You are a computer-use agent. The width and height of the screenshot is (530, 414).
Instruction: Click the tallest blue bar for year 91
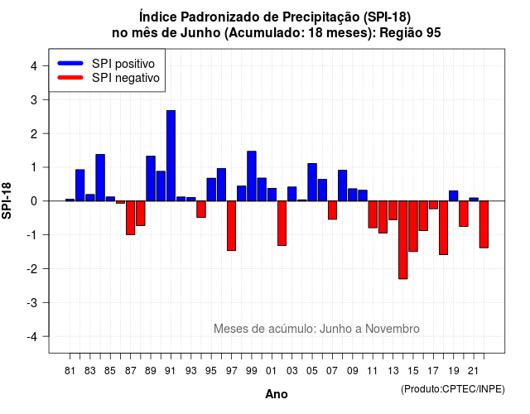tap(171, 156)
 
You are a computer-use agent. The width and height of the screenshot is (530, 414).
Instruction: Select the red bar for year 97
tap(231, 226)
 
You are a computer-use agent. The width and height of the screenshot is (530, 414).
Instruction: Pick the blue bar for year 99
tap(252, 176)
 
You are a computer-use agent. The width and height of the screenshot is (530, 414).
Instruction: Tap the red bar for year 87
tap(131, 218)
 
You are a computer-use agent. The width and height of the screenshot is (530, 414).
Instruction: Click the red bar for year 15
tap(413, 226)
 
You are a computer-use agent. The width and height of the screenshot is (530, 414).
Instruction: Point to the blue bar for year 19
tap(454, 196)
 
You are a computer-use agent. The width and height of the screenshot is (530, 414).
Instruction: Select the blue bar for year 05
tap(312, 182)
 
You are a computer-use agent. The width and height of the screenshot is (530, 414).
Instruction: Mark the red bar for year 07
tap(332, 210)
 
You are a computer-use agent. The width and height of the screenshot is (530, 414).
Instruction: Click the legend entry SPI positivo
tap(107, 64)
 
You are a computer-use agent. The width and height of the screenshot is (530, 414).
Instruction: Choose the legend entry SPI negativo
tap(108, 78)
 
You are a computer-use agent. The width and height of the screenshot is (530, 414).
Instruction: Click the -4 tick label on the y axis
tap(32, 337)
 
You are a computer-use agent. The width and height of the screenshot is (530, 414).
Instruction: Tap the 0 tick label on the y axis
tap(34, 201)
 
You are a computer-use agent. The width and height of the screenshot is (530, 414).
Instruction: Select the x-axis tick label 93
tap(191, 371)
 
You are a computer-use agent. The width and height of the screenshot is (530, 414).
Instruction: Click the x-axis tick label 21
tap(474, 371)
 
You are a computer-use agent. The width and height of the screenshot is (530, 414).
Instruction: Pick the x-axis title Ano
tap(277, 394)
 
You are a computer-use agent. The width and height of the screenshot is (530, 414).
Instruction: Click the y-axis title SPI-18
tap(7, 200)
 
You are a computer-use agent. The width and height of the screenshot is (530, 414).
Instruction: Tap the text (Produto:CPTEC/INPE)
tap(453, 389)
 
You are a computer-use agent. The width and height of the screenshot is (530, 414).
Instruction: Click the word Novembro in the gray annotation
tap(393, 329)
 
